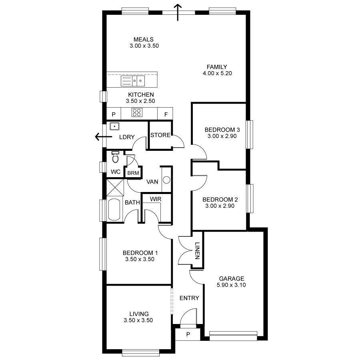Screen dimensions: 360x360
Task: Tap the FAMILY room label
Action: (x=217, y=67)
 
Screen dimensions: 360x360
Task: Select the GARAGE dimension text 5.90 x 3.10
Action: (x=231, y=285)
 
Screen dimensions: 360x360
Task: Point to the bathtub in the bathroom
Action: (x=114, y=209)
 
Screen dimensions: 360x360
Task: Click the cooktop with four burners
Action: (x=136, y=113)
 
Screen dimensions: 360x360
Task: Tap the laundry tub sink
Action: (x=114, y=126)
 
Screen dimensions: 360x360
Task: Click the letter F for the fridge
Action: (x=166, y=114)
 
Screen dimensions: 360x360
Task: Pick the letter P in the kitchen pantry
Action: (x=113, y=114)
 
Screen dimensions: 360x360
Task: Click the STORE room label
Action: (x=160, y=135)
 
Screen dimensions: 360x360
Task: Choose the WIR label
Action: (x=156, y=199)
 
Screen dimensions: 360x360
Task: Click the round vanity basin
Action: (x=166, y=180)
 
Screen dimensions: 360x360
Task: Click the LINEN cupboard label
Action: (x=197, y=251)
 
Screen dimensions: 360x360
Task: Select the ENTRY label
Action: (x=189, y=298)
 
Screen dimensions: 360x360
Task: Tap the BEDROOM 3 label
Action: (x=222, y=130)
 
